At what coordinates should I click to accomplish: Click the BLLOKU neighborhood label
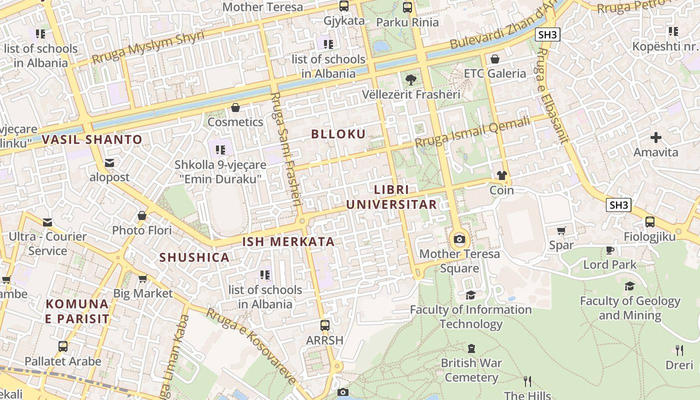(338, 134)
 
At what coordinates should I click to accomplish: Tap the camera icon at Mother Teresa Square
(459, 239)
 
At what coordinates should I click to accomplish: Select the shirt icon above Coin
(501, 175)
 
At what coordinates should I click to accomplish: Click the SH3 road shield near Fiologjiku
(618, 205)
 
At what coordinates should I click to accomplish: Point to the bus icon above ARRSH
(325, 325)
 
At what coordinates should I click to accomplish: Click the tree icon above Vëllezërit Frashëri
(410, 79)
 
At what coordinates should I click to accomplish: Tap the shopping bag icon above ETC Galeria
(495, 59)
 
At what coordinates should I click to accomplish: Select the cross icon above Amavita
(656, 137)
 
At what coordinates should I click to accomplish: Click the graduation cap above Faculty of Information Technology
(470, 295)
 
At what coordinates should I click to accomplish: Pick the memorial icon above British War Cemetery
(471, 348)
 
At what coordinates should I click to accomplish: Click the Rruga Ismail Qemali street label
(472, 131)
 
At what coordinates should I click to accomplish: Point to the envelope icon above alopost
(109, 162)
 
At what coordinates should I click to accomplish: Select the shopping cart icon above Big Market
(142, 278)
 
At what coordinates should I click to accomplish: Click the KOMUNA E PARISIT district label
(77, 311)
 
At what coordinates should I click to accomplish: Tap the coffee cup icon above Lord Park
(609, 250)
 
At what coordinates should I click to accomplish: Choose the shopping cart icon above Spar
(561, 230)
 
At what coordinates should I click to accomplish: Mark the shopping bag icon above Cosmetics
(235, 107)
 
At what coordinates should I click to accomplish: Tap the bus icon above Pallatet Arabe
(63, 346)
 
